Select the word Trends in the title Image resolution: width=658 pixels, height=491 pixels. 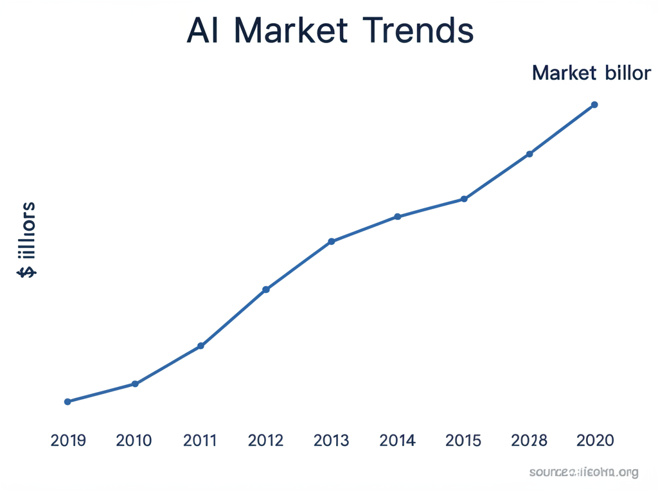coord(418,31)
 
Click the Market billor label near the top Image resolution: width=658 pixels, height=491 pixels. coord(591,73)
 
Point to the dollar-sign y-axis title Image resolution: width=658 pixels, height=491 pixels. coord(27,239)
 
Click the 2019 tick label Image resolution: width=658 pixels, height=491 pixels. coord(68,441)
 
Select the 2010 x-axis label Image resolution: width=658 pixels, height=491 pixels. coord(134,441)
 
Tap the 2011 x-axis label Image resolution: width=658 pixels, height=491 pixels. coord(200,441)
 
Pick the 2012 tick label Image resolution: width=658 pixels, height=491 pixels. coord(265,441)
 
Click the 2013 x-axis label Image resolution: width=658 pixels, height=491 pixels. coord(331,441)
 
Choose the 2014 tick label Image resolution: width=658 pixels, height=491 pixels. coord(397,441)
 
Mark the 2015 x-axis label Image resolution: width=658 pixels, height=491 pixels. coord(463,441)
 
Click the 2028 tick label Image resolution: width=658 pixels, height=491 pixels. coord(529,441)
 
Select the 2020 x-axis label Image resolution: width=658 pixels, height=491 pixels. coord(595,441)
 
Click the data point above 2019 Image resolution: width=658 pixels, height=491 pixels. coord(67,402)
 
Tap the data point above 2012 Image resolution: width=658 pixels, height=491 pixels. coord(266,290)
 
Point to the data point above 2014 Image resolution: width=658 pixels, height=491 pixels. coord(398,217)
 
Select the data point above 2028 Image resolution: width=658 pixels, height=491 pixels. coord(529,154)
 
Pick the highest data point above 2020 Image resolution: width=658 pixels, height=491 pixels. coord(594,105)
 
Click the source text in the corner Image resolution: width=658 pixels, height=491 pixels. coord(583,473)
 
